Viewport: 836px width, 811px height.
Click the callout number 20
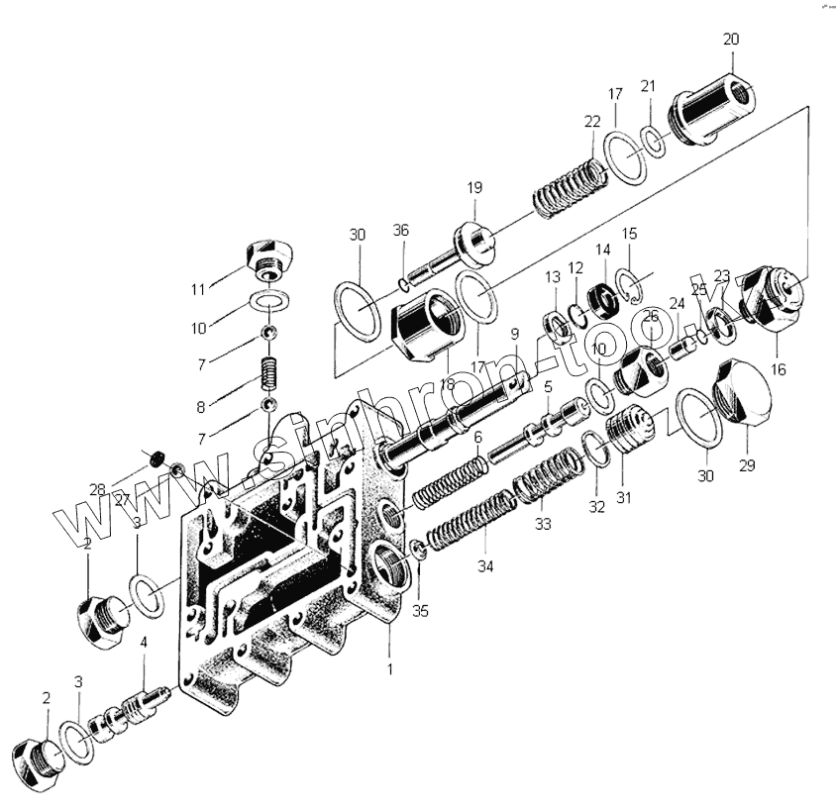coord(731,40)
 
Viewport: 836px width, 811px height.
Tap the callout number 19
coord(473,187)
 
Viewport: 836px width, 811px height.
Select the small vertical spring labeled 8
coord(267,374)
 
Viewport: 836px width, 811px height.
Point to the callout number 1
coord(389,669)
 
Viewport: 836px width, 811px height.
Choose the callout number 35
coord(421,612)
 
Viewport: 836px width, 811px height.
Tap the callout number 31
coord(624,498)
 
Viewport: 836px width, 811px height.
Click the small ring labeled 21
coord(653,140)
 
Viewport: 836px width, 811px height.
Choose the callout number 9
coord(515,334)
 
